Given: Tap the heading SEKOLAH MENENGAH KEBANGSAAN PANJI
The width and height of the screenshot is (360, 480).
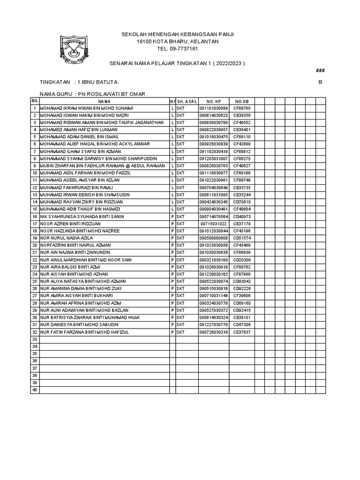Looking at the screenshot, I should coord(178,35).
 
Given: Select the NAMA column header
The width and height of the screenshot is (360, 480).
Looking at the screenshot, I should coord(104,101).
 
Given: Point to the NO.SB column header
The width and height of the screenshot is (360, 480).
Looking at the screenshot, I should coord(241,101).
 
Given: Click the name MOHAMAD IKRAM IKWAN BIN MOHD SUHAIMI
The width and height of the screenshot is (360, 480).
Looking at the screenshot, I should coord(83,108).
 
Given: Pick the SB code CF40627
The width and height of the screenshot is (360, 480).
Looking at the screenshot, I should coord(242,165).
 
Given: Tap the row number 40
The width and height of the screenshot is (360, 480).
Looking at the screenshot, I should coord(34,390).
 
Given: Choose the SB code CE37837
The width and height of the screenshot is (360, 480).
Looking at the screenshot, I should coord(242,332).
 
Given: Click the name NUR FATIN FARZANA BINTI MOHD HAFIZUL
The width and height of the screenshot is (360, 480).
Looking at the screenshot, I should coord(84,332).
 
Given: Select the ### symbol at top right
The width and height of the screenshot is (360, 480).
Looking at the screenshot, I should coord(321,70).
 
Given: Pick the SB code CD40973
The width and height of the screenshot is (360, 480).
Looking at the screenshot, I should coord(242,217).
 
